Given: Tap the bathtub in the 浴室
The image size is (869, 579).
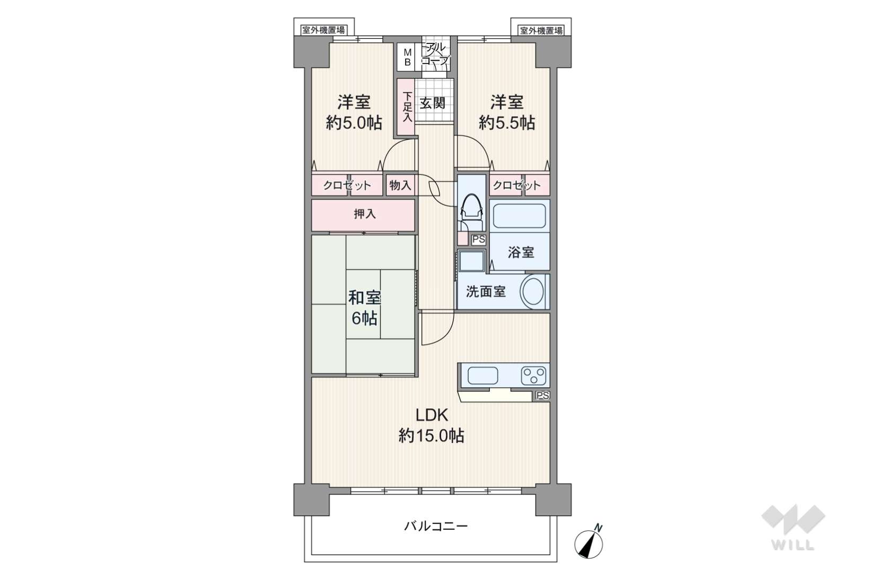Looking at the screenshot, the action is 519,216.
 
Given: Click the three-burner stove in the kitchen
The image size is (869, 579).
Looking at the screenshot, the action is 533,376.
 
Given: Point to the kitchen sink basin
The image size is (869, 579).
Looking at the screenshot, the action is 482,376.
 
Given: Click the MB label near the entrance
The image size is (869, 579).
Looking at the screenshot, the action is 407,57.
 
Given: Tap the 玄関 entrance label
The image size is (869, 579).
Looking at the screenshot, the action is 432,103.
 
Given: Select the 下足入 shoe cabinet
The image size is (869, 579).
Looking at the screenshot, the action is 406,108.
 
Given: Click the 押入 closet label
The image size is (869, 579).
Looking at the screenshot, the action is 365,213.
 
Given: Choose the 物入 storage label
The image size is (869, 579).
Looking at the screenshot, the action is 400,185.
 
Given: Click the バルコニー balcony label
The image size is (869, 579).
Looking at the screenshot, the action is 436,527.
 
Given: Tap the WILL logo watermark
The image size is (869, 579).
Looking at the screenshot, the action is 793,527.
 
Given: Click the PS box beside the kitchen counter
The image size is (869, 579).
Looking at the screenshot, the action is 543,396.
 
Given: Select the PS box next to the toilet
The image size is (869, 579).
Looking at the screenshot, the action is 479,239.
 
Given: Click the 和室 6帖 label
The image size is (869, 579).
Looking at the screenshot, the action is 364,308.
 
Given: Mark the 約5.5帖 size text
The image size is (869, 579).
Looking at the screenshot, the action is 507,123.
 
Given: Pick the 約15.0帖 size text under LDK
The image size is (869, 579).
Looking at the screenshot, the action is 432,437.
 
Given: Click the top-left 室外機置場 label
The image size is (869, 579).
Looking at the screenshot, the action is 323,30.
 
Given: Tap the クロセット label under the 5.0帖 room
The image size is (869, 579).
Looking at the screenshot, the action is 347,185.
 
